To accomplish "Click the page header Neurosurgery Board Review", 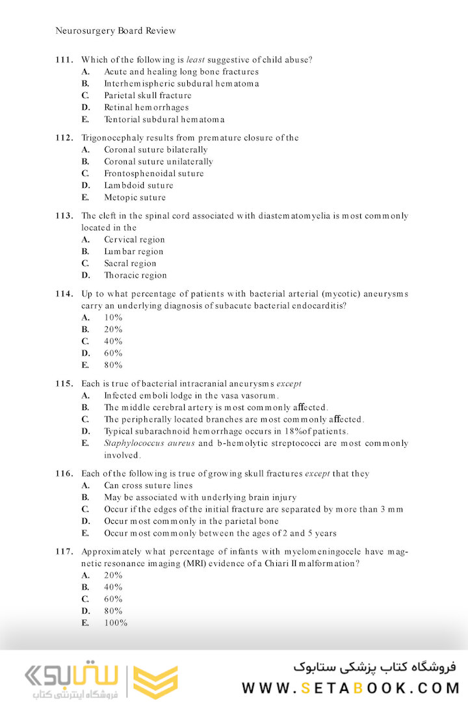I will tap(116, 31).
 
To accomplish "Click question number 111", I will tap(64, 60).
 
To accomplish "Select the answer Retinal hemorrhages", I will tap(146, 107).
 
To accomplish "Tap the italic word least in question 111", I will tap(196, 60).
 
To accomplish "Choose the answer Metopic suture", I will tap(135, 198).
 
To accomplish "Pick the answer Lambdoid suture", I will tap(138, 185).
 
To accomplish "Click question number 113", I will tap(64, 216).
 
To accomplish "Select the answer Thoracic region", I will tap(135, 276).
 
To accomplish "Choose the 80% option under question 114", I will tap(113, 365).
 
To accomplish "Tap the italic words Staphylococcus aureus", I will tap(149, 443).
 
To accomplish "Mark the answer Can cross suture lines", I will tap(148, 486).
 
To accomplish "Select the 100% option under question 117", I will tap(116, 623).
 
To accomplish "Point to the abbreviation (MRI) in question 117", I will tap(214, 564).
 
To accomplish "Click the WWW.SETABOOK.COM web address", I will tap(351, 688).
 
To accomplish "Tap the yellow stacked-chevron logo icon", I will tap(155, 681).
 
